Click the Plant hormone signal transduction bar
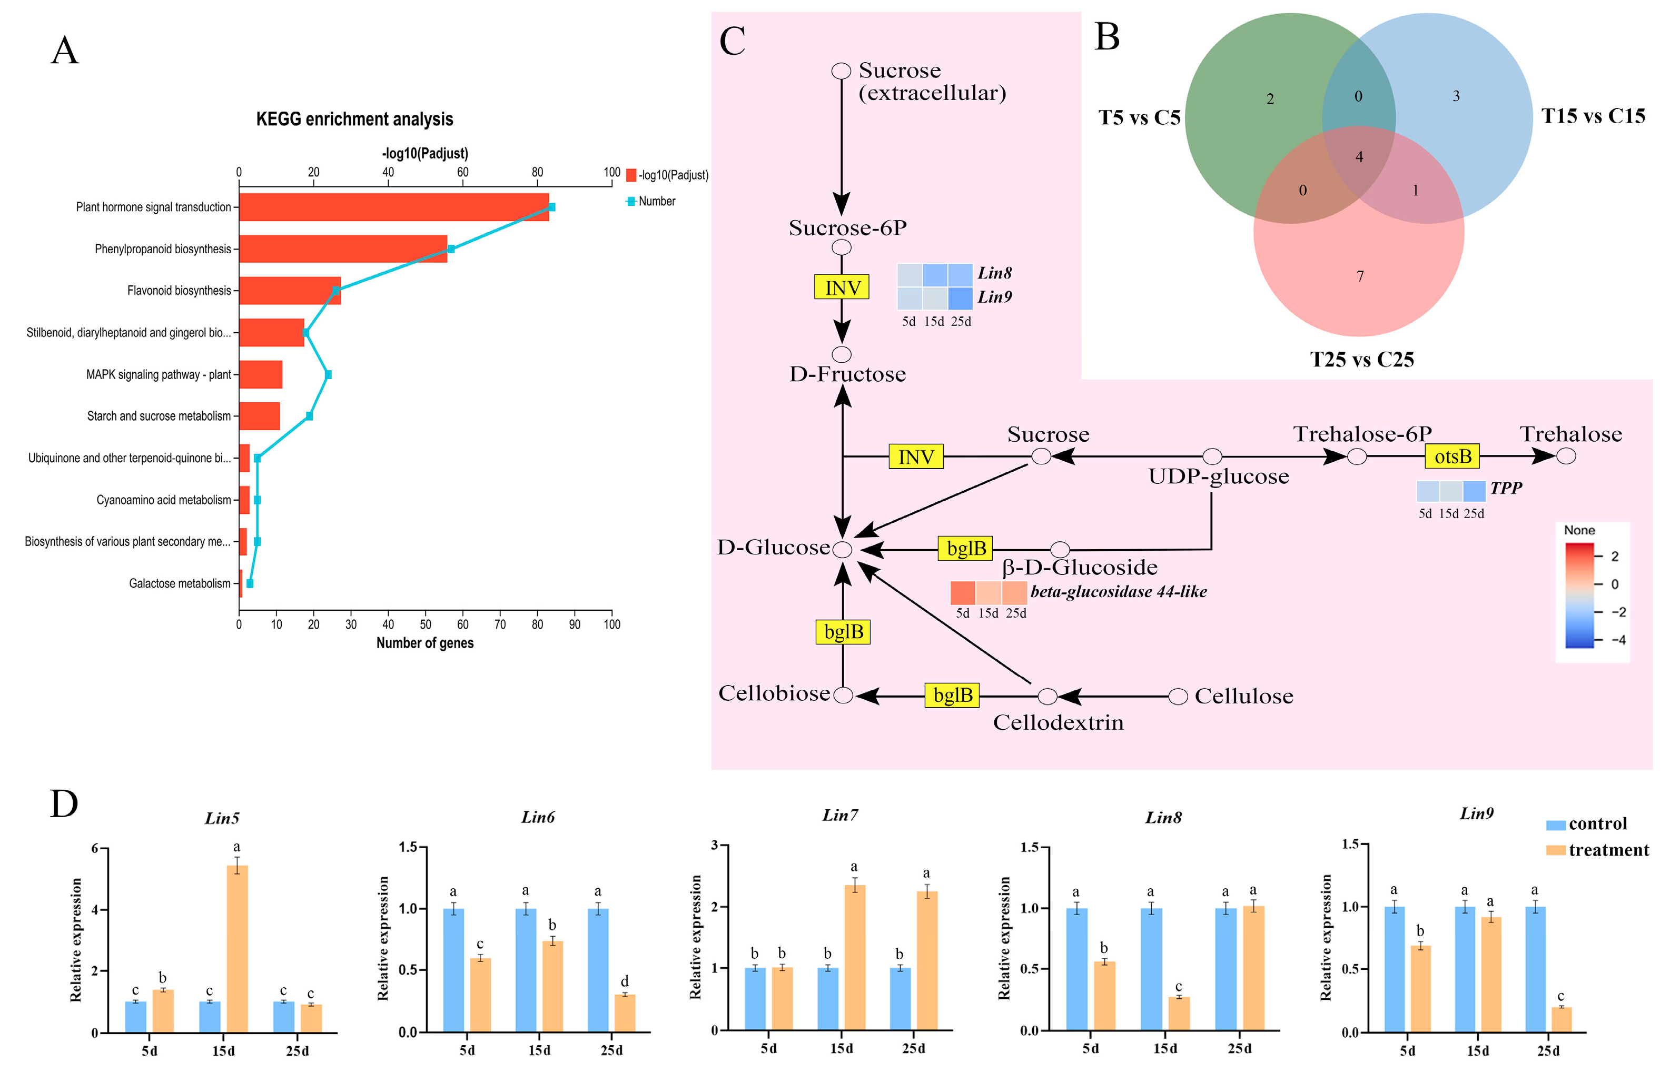393,207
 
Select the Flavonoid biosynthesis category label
179,291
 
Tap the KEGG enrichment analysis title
354,120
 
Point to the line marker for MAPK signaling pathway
328,375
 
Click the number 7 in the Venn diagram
1360,276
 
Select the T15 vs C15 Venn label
1593,116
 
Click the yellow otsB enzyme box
1452,457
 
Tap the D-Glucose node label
773,547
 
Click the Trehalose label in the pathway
1571,434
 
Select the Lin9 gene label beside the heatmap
994,297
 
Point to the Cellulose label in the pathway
1243,696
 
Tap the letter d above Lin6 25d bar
625,981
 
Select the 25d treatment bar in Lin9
1561,1019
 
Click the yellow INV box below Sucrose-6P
841,287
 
